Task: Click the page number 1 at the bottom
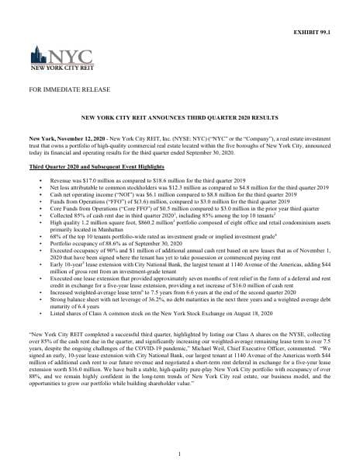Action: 179,453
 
